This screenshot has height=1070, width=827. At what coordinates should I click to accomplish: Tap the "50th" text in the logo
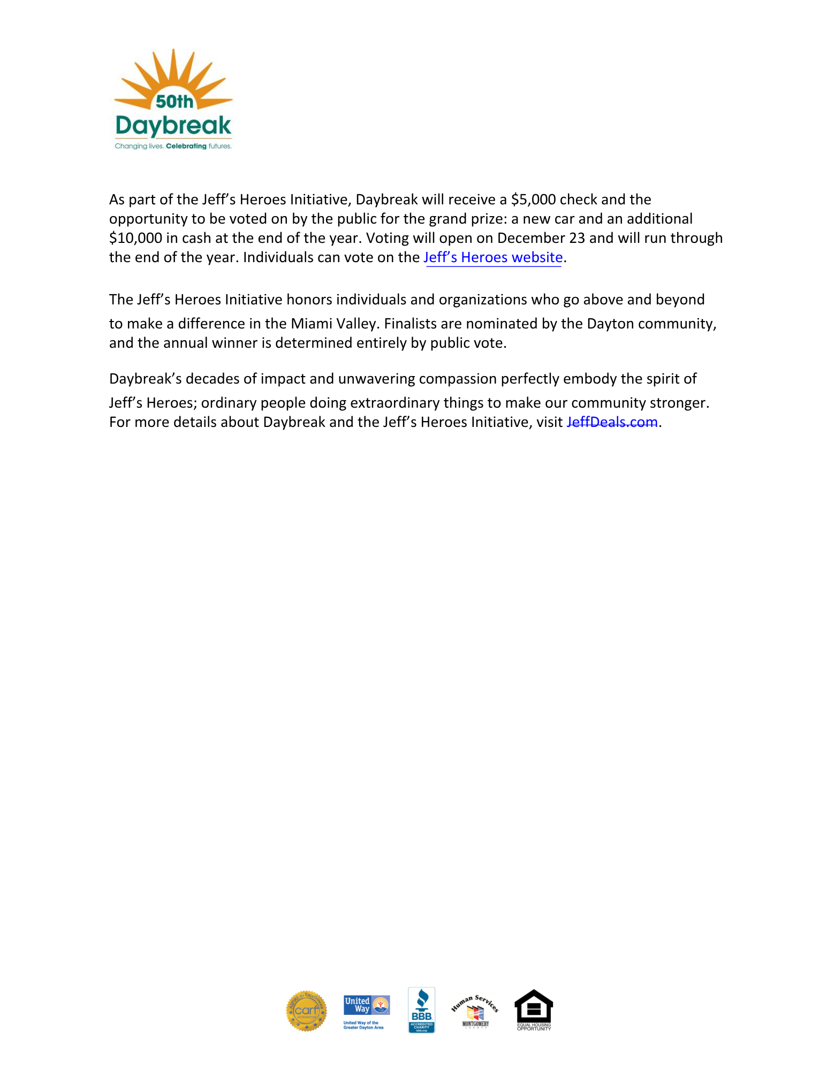click(x=174, y=101)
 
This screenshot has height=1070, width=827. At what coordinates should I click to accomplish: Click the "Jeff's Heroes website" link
click(x=493, y=257)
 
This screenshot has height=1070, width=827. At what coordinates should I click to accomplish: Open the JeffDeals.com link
click(x=612, y=422)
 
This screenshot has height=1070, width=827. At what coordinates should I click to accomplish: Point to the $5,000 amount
click(x=533, y=200)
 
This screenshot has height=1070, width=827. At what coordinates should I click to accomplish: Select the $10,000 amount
click(x=135, y=238)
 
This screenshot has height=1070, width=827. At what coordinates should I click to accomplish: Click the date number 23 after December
click(x=577, y=238)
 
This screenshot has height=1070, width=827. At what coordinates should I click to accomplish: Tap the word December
click(x=530, y=238)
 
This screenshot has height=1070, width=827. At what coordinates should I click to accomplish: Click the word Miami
click(x=309, y=324)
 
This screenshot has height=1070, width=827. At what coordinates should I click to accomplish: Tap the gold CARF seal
click(x=306, y=1010)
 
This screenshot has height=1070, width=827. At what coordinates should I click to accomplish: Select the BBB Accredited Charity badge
click(x=421, y=1010)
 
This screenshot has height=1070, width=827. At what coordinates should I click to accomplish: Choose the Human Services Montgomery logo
click(x=475, y=1011)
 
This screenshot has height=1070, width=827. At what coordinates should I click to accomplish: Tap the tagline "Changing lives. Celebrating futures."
click(x=173, y=146)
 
